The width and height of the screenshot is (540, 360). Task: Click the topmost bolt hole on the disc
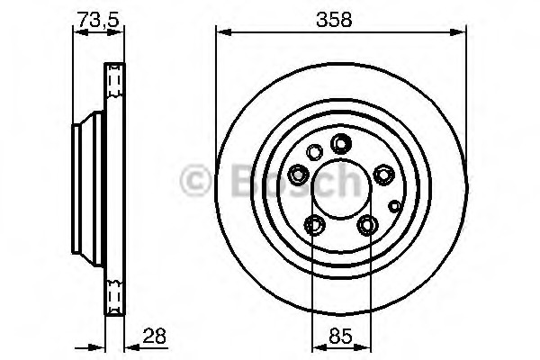point(341,142)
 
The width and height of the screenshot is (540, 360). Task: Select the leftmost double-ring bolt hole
point(299,173)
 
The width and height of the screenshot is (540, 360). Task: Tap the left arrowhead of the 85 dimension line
point(314,346)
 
